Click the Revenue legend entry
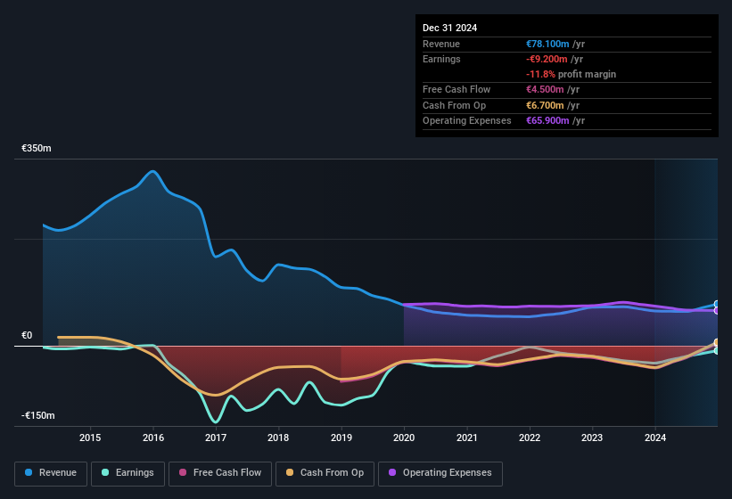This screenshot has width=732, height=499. (51, 472)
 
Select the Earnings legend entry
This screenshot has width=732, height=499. (128, 472)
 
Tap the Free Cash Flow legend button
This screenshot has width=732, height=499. (219, 472)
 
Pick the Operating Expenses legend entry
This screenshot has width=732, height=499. (440, 472)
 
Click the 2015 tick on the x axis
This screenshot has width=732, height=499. (90, 438)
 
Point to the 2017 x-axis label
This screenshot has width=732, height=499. (216, 438)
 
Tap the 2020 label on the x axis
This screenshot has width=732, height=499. (404, 438)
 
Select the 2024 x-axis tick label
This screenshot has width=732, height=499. (655, 438)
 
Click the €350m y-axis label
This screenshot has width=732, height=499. (37, 148)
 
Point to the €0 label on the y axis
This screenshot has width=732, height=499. (27, 335)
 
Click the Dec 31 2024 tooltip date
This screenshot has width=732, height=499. (450, 28)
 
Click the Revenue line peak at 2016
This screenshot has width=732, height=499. (153, 171)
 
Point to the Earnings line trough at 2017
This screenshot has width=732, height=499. (215, 421)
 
